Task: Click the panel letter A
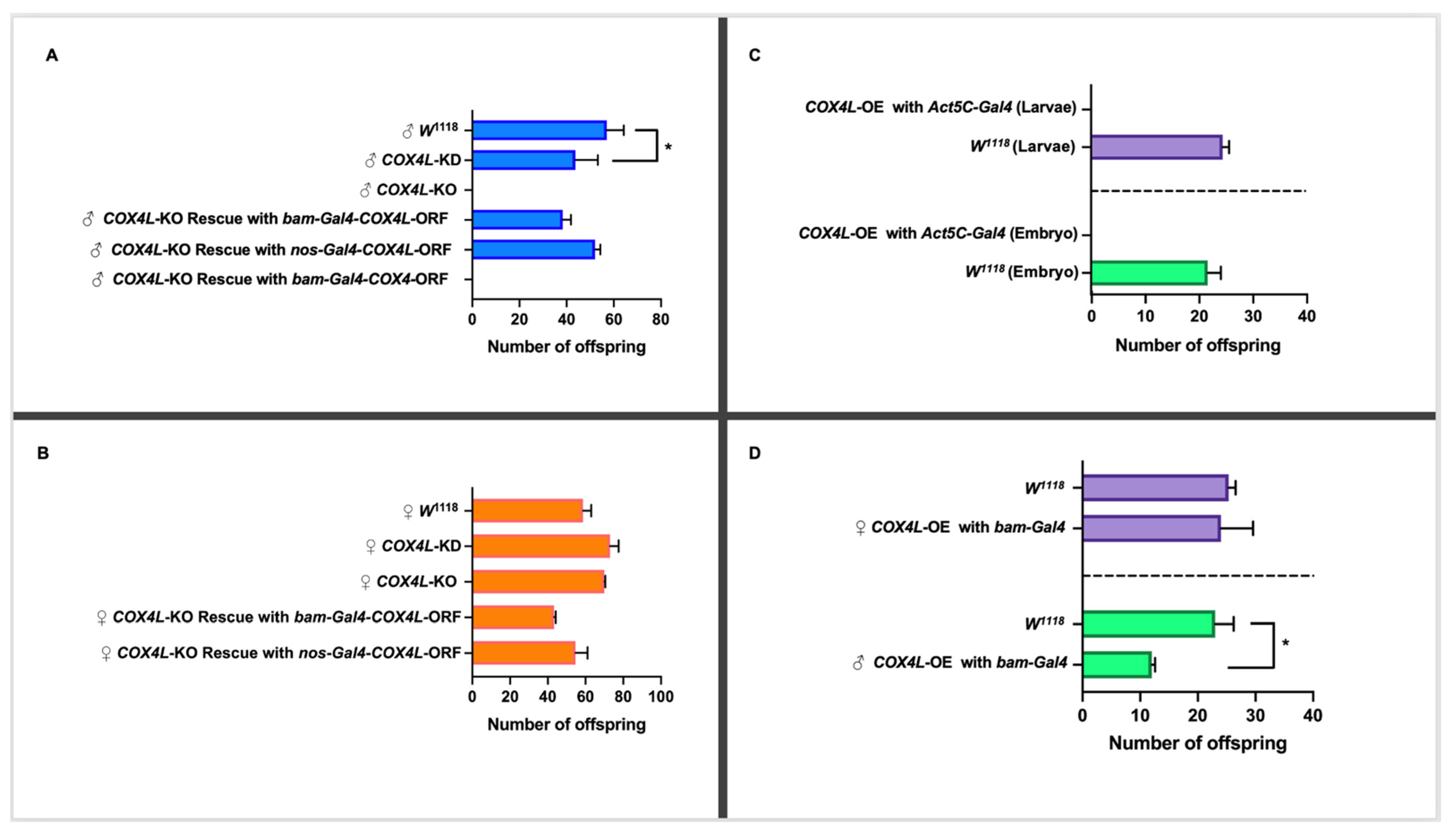(52, 56)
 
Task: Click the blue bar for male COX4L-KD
(523, 160)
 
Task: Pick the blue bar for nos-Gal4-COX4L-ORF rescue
(533, 250)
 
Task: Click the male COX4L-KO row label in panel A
(409, 190)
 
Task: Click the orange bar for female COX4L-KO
(538, 581)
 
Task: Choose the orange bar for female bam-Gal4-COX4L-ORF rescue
(513, 617)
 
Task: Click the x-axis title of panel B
(566, 724)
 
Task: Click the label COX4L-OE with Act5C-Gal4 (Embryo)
(937, 234)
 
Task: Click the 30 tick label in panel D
(1255, 715)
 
